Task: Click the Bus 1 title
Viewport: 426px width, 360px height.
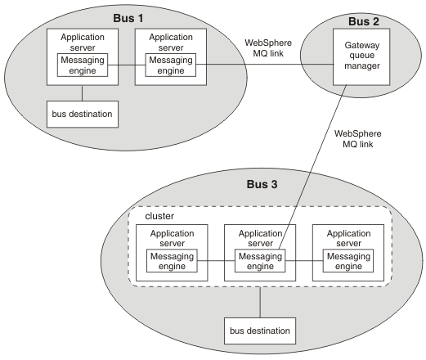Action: pyautogui.click(x=128, y=18)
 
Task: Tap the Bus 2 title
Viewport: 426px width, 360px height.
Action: pyautogui.click(x=364, y=21)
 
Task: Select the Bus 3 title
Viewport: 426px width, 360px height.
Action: pyautogui.click(x=262, y=184)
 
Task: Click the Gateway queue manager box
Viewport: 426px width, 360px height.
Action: pyautogui.click(x=361, y=57)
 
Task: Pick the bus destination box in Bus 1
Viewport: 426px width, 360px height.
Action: pyautogui.click(x=83, y=114)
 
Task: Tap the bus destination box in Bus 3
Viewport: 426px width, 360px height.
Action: pyautogui.click(x=260, y=331)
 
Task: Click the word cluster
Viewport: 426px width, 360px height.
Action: pyautogui.click(x=159, y=216)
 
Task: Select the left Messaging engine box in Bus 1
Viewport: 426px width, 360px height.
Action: pyautogui.click(x=83, y=65)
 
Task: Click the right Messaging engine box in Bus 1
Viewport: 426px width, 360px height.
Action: pyautogui.click(x=171, y=65)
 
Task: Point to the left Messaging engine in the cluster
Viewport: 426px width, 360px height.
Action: pyautogui.click(x=172, y=261)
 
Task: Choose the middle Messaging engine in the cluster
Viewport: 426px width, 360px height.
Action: pyautogui.click(x=260, y=261)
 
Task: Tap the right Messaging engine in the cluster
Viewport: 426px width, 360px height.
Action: pyautogui.click(x=348, y=261)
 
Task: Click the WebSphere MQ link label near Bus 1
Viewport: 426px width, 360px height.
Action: pyautogui.click(x=268, y=48)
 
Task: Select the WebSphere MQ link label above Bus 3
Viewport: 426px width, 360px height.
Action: pyautogui.click(x=358, y=139)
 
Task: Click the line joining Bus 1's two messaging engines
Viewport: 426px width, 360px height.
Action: pyautogui.click(x=127, y=65)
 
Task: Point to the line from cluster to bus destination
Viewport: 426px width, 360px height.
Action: pyautogui.click(x=260, y=302)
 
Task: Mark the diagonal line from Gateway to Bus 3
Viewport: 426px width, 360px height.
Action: pyautogui.click(x=312, y=167)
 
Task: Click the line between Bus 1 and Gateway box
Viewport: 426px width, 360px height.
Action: pyautogui.click(x=265, y=65)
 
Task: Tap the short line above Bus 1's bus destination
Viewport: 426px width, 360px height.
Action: pyautogui.click(x=83, y=93)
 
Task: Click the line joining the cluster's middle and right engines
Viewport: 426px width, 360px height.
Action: pyautogui.click(x=304, y=261)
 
